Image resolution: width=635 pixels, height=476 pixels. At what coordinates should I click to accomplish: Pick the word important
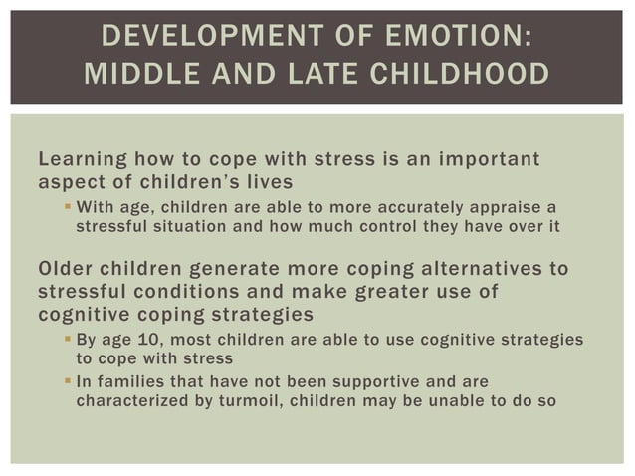click(483, 162)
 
